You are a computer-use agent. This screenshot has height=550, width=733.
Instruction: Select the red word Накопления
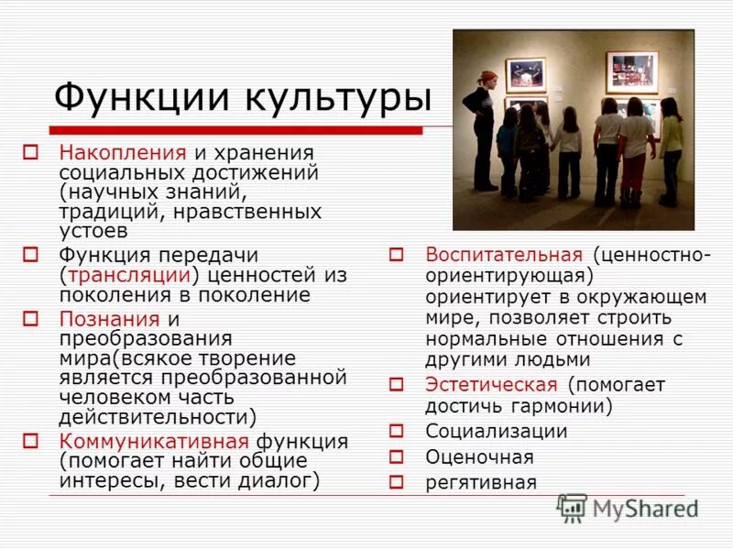tap(123, 151)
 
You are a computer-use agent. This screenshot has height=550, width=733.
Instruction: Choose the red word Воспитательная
tap(503, 254)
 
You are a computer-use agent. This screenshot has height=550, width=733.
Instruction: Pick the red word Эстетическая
tap(490, 384)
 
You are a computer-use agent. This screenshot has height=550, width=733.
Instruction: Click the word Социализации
tap(496, 431)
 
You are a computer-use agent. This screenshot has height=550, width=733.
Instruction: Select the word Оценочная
tap(478, 456)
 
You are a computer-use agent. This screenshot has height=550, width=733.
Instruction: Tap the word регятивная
tap(480, 482)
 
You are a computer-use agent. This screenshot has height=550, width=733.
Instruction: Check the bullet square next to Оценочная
tap(396, 456)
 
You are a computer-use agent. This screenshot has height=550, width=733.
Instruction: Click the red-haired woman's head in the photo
tap(487, 79)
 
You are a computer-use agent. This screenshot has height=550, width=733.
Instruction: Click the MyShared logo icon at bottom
tap(573, 508)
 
